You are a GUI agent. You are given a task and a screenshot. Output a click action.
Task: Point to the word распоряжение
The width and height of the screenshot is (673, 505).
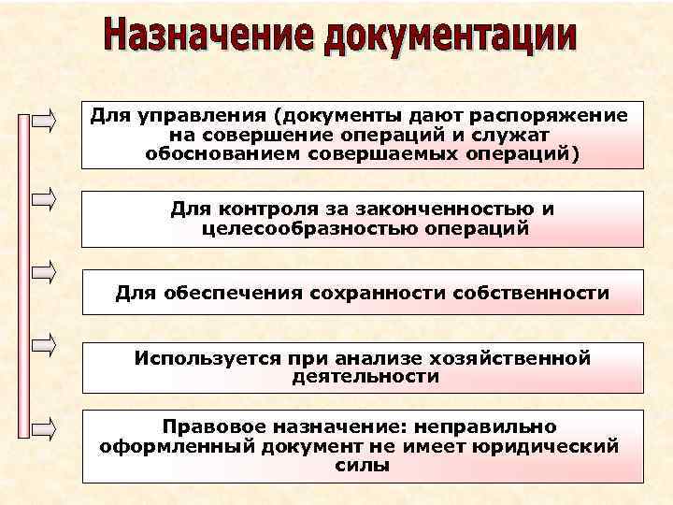[x=553, y=115]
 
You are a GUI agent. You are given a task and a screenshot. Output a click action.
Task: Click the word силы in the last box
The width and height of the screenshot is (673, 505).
[x=363, y=464]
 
